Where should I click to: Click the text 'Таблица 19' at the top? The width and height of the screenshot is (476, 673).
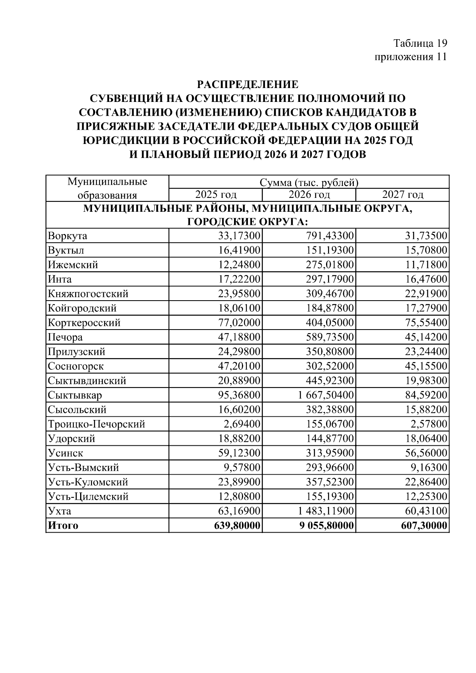(x=420, y=43)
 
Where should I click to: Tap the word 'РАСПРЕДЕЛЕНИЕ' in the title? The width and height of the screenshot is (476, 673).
(x=248, y=84)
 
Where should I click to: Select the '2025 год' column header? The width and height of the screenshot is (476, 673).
(x=216, y=195)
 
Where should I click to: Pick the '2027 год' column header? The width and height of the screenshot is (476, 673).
(x=403, y=195)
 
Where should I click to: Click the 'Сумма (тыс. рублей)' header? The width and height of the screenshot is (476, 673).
(x=309, y=182)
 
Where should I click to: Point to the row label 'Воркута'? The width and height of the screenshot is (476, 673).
(x=67, y=236)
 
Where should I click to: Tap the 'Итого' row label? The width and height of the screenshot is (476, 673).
(x=63, y=525)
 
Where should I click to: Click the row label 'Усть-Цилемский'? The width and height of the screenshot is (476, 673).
(x=88, y=497)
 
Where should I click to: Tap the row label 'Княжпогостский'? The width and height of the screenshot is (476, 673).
(x=88, y=294)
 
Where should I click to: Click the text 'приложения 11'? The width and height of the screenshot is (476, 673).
(x=411, y=57)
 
